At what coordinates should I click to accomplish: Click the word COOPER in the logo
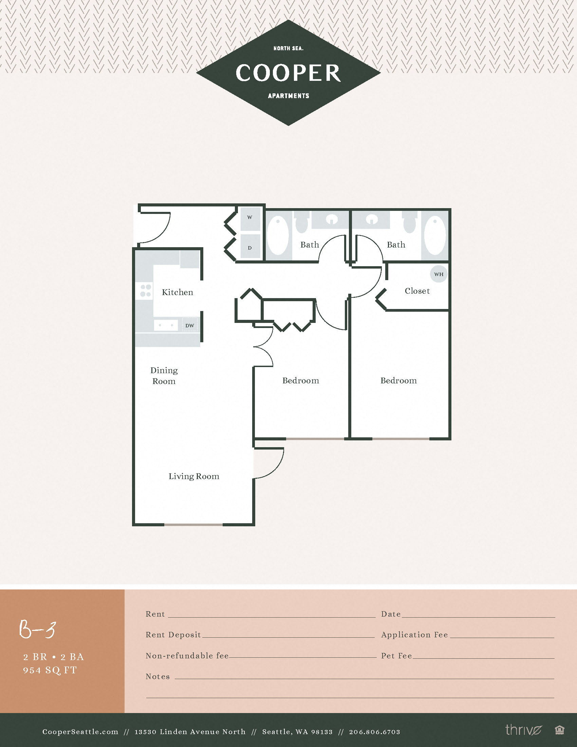click(x=288, y=73)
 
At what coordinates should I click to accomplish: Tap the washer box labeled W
click(x=250, y=218)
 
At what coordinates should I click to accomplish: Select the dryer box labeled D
click(x=250, y=247)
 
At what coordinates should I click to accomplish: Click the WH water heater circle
click(x=439, y=274)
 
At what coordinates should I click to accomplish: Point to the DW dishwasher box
click(x=190, y=325)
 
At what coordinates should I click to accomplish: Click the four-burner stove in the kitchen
click(x=145, y=290)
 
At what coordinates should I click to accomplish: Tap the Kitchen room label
click(x=178, y=292)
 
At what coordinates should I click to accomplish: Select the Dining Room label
click(x=164, y=376)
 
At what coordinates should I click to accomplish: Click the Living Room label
click(x=194, y=476)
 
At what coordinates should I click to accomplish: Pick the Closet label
click(x=417, y=291)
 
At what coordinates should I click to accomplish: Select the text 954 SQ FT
click(x=50, y=670)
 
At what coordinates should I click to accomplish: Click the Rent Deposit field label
click(x=173, y=635)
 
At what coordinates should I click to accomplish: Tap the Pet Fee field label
click(x=396, y=656)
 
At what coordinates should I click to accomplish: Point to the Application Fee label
click(x=414, y=635)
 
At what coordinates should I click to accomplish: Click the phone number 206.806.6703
click(x=374, y=732)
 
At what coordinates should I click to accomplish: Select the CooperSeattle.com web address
click(x=80, y=732)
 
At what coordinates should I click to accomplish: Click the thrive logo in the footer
click(x=524, y=730)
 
